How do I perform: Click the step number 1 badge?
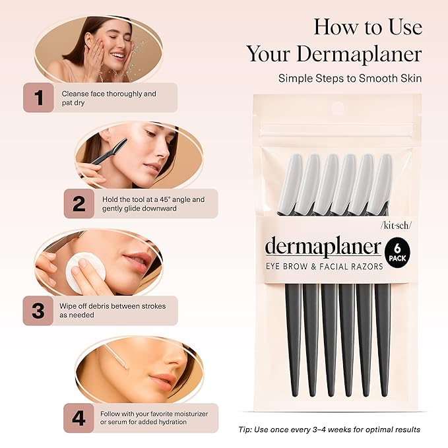pos(39,98)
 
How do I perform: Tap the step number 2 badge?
pos(79,204)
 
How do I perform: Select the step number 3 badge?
pos(39,310)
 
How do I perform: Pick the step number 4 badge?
pos(79,417)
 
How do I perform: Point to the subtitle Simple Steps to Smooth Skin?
pos(350,78)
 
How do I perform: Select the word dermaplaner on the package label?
pos(323,247)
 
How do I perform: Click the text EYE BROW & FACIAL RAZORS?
pos(323,267)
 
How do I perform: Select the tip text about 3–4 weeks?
pos(329,430)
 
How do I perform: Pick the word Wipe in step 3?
pos(71,306)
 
